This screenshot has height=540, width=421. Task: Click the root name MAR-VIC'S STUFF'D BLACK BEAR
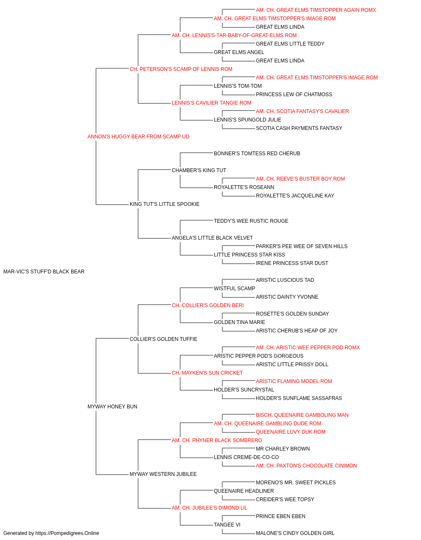point(44,272)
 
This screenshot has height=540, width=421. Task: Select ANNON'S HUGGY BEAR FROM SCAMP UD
point(139,137)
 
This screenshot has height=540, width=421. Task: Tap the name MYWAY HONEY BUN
point(112,407)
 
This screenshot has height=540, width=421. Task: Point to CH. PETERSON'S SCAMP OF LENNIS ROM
point(181,69)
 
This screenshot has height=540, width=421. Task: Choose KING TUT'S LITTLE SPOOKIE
point(165,204)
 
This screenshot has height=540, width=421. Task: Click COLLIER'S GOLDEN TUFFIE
point(163,339)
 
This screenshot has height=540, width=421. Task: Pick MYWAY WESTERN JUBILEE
point(163,474)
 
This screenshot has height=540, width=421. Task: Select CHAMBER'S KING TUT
point(199,170)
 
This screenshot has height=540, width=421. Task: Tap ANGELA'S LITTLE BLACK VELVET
point(212,238)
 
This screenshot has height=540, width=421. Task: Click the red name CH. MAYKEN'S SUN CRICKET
point(207,373)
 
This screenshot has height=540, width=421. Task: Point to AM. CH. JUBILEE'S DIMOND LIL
point(210,508)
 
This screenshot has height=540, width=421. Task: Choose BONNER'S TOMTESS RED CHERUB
point(257,153)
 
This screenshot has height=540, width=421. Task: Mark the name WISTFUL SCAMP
point(234,288)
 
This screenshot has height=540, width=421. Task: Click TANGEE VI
point(227,524)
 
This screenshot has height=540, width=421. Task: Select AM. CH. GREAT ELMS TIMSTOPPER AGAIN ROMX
point(316,10)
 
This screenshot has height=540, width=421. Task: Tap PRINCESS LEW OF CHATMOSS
point(294,94)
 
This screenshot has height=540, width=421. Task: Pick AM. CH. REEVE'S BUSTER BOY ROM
point(301,179)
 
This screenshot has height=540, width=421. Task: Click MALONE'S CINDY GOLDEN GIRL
point(295,533)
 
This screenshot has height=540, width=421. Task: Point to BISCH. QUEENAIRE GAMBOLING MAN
point(302,415)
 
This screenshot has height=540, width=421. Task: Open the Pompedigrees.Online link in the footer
point(67,533)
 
